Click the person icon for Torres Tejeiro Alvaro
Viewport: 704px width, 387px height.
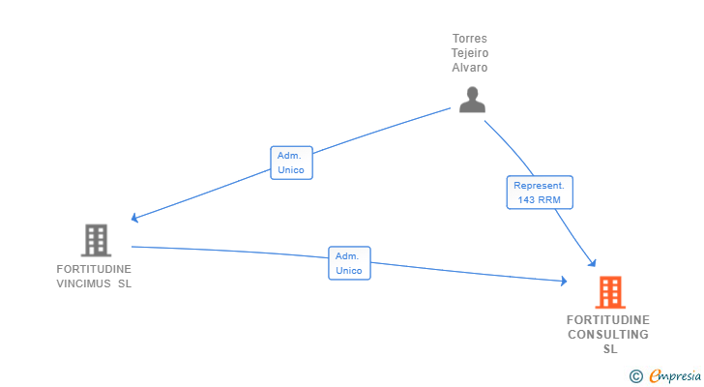click(x=471, y=100)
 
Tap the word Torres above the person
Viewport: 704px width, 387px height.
click(x=470, y=39)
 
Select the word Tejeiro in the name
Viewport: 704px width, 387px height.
click(x=470, y=53)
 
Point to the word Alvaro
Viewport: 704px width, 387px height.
click(x=470, y=68)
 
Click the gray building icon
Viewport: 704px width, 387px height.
click(x=95, y=239)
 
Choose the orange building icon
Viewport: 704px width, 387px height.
click(x=609, y=291)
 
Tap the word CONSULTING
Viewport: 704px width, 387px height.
click(x=608, y=335)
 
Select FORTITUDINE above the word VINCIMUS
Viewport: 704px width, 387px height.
click(x=94, y=269)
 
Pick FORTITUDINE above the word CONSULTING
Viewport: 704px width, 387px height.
click(x=608, y=320)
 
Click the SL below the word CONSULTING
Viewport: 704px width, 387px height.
click(x=609, y=349)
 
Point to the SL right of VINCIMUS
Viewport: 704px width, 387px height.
click(x=125, y=283)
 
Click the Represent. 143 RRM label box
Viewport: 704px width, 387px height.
click(x=540, y=192)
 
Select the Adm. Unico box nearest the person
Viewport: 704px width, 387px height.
click(x=290, y=163)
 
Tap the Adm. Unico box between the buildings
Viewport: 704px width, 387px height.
click(x=348, y=263)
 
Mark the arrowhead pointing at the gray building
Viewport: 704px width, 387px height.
click(x=134, y=219)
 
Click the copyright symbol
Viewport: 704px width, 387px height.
click(x=635, y=375)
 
